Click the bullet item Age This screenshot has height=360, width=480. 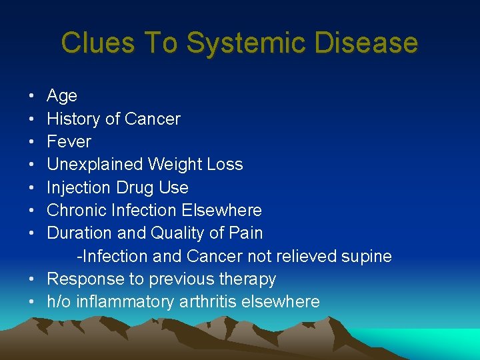(62, 97)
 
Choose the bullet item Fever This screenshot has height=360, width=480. (69, 142)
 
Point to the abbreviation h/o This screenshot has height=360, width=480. (59, 302)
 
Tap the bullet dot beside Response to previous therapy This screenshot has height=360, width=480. (32, 279)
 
